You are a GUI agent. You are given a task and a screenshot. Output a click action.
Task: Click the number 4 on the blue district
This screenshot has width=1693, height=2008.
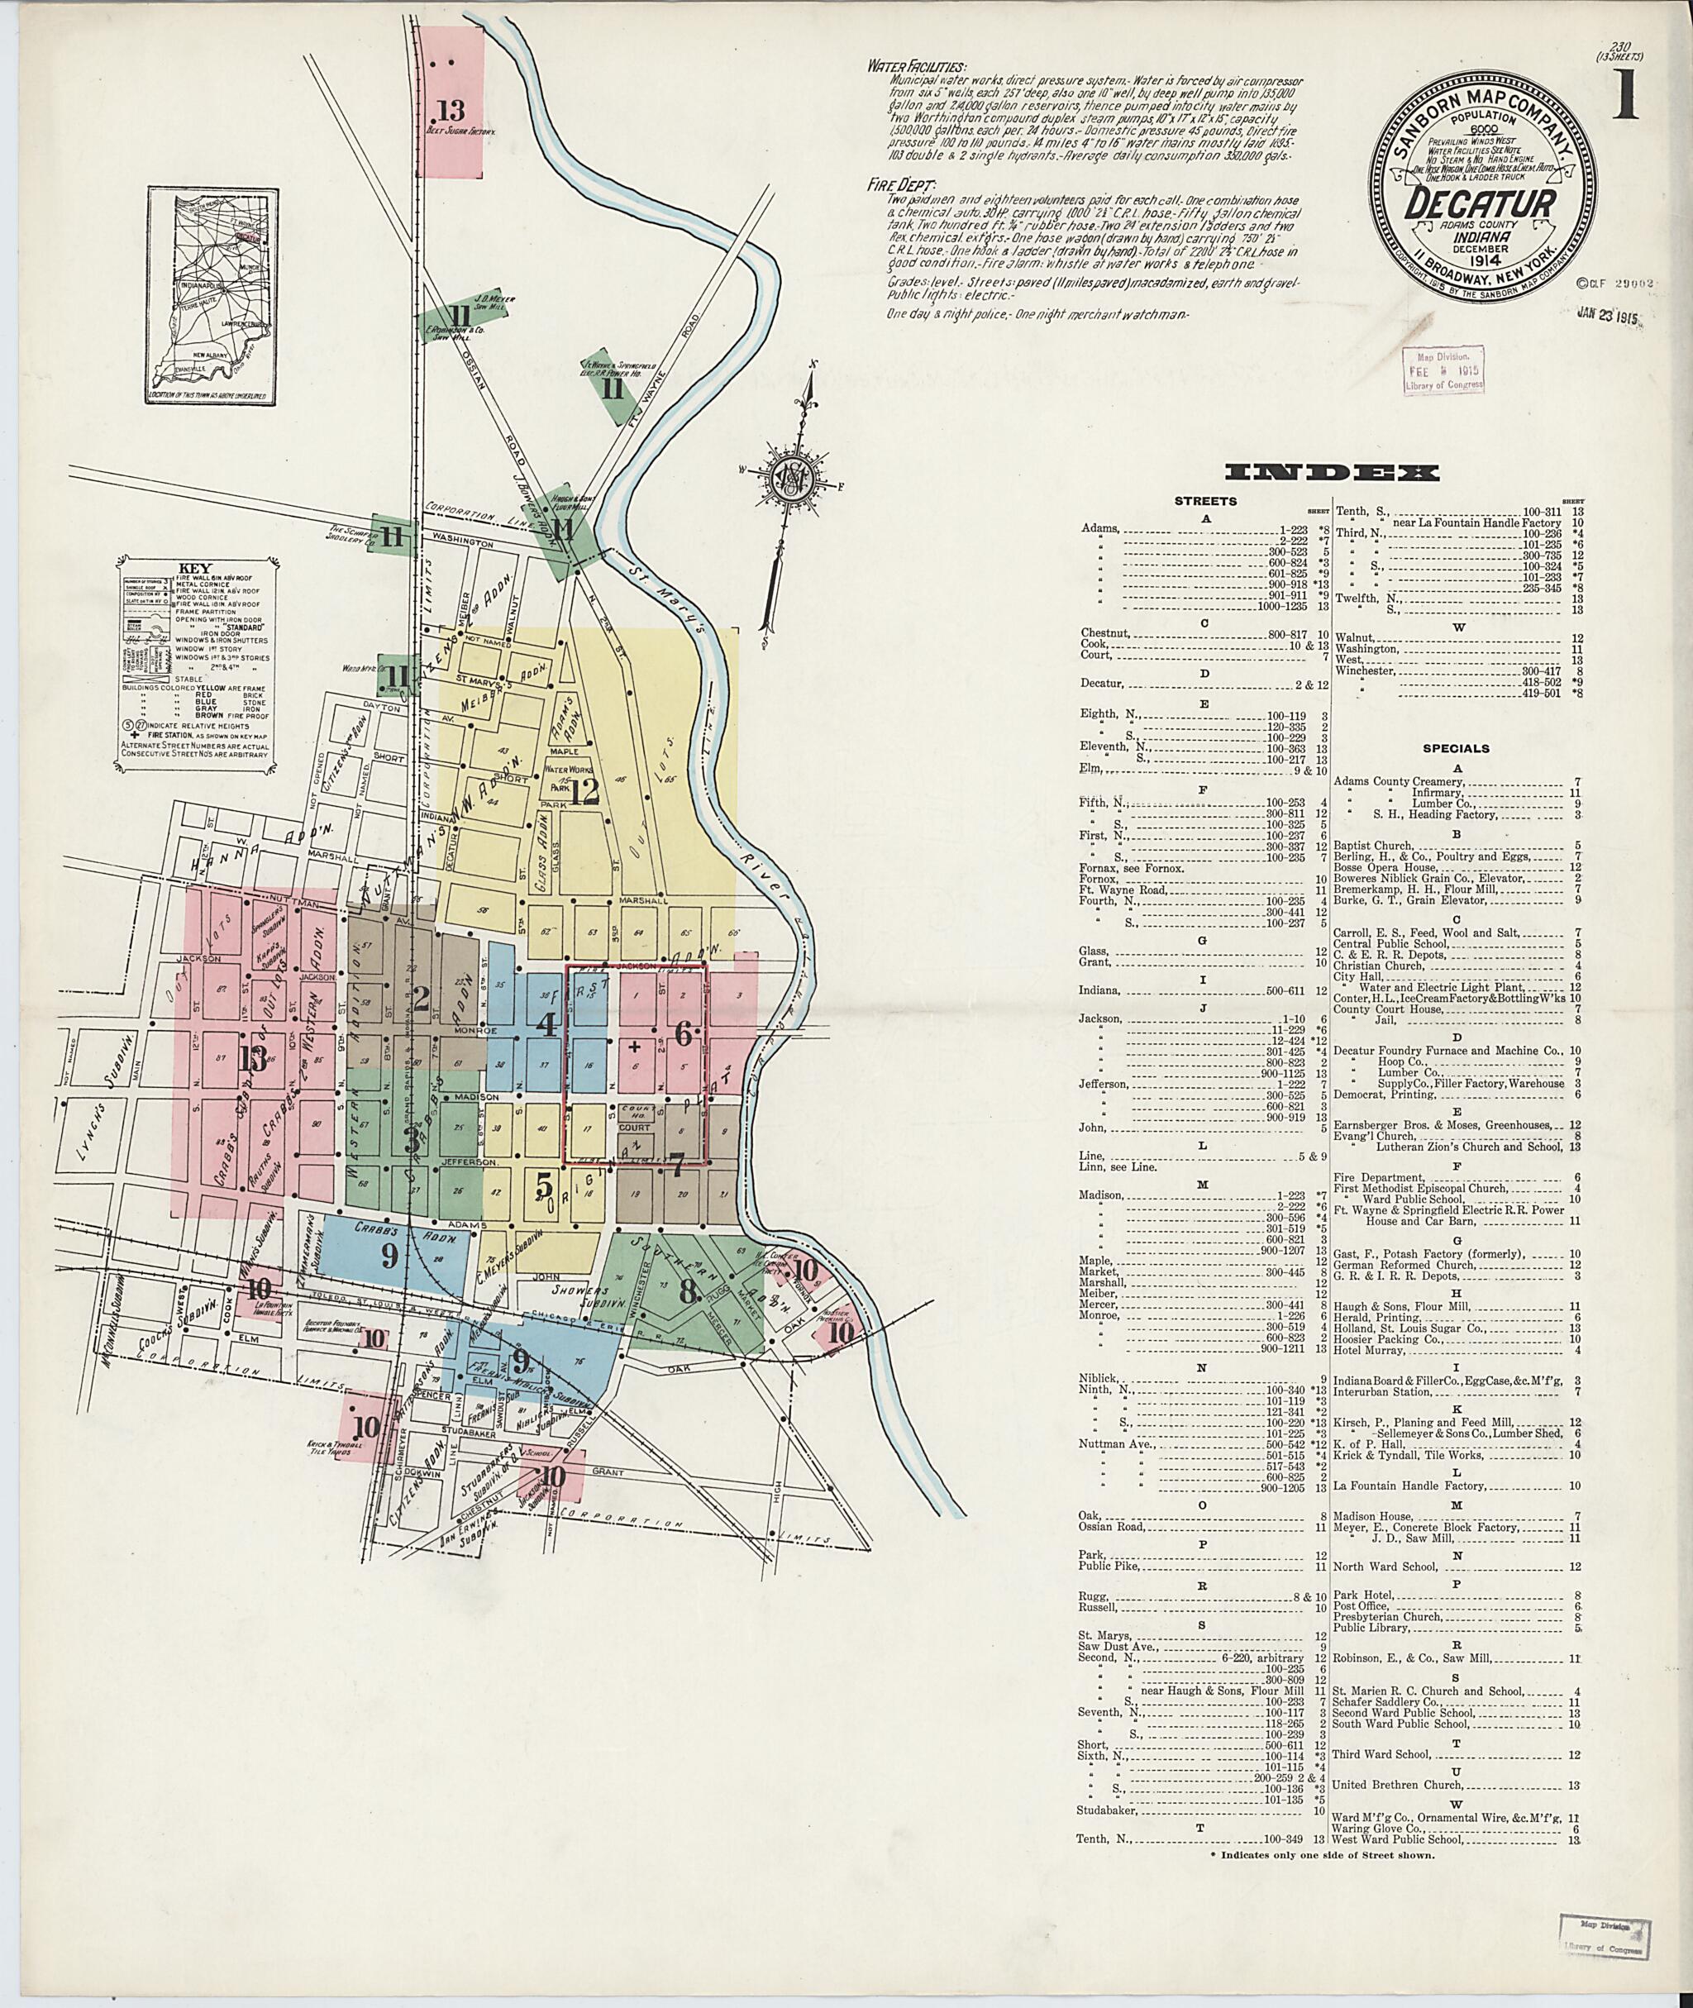(x=546, y=1026)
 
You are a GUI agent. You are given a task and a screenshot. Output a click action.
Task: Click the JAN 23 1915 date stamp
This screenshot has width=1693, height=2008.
(x=1605, y=316)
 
